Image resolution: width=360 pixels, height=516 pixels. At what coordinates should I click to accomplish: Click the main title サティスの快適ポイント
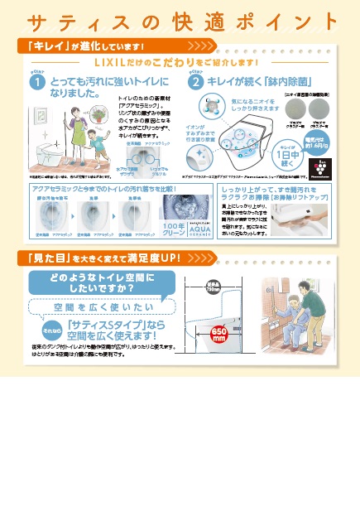pos(180,20)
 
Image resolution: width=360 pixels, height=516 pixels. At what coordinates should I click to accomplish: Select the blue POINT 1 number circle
pos(36,83)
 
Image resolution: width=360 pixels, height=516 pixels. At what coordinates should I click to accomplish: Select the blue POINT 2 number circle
pos(196,83)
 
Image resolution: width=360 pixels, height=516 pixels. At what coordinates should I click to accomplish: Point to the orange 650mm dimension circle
pos(219,333)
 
